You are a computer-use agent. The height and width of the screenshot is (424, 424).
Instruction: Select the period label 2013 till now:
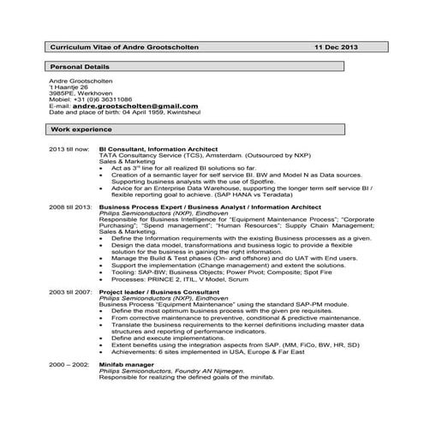click(69, 148)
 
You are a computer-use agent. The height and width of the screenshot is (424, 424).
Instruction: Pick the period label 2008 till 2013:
click(70, 207)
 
